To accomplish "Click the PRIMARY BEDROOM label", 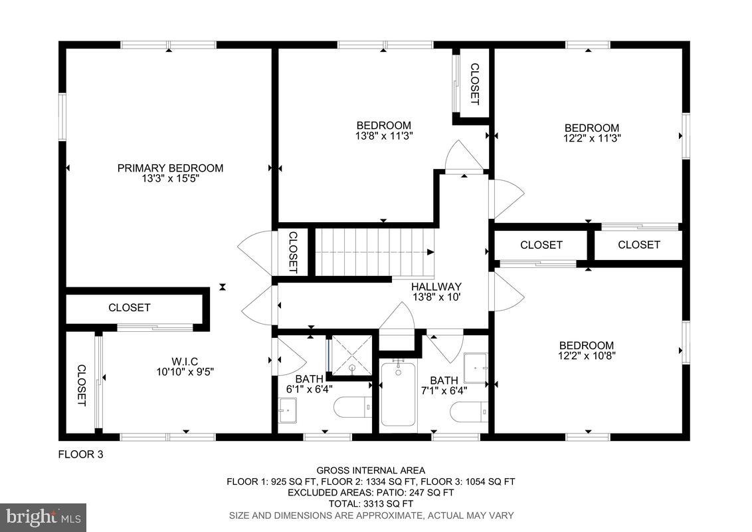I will click(170, 168).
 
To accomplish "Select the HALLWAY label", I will click(436, 286).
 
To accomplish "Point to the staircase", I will click(373, 252).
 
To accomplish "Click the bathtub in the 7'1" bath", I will click(399, 396).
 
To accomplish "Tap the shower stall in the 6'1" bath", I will click(351, 355).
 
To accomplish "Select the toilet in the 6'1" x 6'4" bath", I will click(352, 407).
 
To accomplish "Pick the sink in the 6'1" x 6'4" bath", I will click(288, 410).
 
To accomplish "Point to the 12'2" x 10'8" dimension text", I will click(586, 356).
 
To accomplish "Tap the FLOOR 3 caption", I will click(81, 455).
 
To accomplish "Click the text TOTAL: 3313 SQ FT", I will click(371, 504).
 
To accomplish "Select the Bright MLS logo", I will click(43, 516).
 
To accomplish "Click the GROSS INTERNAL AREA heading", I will click(371, 470).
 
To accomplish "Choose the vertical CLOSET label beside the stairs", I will click(293, 252).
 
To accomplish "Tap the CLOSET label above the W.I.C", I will click(130, 308).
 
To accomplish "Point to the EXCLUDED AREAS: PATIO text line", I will click(371, 493).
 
